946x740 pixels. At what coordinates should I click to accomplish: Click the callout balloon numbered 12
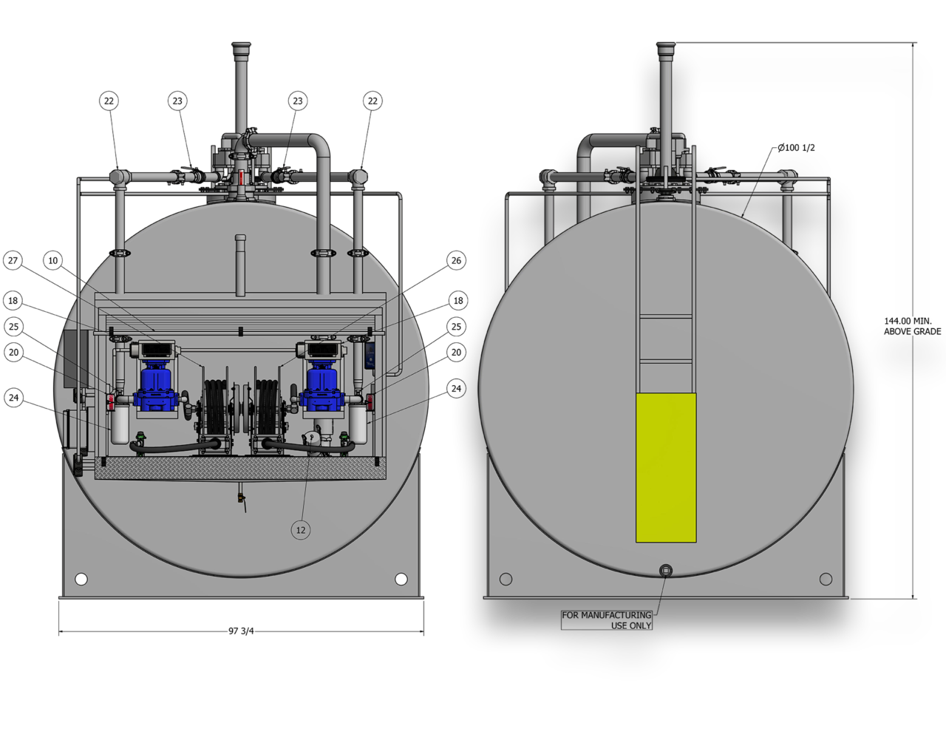click(301, 529)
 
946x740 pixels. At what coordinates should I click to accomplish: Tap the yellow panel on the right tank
click(666, 467)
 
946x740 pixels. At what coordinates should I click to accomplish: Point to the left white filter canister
click(120, 424)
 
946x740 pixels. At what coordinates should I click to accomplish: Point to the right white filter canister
click(358, 423)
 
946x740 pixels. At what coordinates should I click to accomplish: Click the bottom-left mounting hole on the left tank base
click(81, 579)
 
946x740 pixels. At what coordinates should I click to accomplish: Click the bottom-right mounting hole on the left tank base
click(401, 579)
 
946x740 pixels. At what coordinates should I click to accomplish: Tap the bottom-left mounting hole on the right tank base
click(506, 579)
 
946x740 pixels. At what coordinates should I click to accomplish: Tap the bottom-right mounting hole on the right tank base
click(826, 579)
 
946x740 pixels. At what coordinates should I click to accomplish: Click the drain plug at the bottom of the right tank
click(666, 570)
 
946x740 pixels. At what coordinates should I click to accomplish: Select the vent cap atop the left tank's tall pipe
click(241, 49)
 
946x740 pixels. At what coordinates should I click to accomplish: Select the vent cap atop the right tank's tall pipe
click(666, 49)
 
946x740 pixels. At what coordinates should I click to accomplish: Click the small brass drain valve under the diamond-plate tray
click(241, 498)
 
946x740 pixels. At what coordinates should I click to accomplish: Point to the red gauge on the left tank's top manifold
click(241, 178)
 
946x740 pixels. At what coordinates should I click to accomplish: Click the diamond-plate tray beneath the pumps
click(240, 468)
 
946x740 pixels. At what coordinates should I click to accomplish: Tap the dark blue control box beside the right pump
click(370, 355)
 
